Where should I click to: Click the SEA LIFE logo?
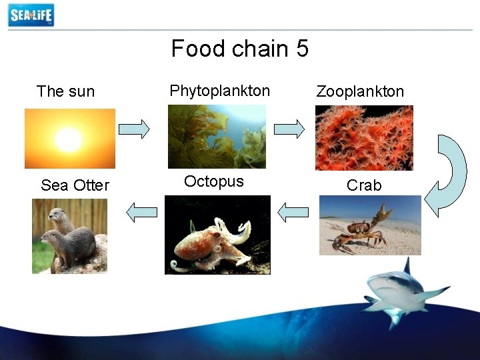point(31,15)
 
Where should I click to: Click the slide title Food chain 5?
point(239,49)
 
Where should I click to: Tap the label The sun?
point(65,91)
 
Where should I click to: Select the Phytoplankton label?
point(219,91)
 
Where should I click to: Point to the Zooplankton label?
point(360,91)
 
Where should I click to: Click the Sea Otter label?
point(75,185)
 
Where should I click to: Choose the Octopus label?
point(213,181)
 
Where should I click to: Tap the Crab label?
point(364,185)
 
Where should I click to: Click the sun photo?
point(69,139)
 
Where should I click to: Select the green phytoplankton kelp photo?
point(216,136)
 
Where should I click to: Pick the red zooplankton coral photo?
point(364,138)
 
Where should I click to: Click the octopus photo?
point(217,235)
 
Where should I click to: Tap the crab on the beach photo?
point(370,225)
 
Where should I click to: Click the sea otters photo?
point(69,236)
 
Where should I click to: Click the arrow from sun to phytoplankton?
point(133,129)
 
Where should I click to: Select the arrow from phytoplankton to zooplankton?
point(290,129)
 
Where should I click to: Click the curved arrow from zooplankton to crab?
point(445,175)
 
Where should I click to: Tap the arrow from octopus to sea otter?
point(141,213)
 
